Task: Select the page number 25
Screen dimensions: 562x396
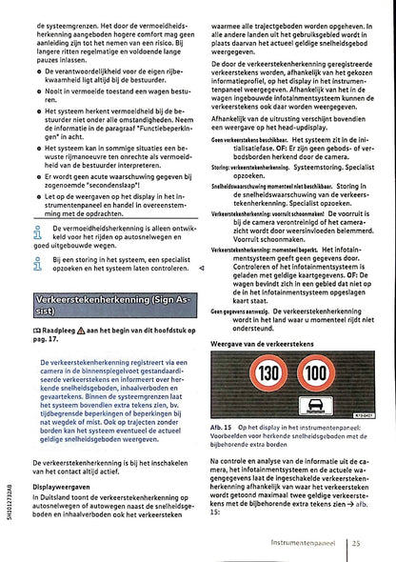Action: [x=355, y=541]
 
